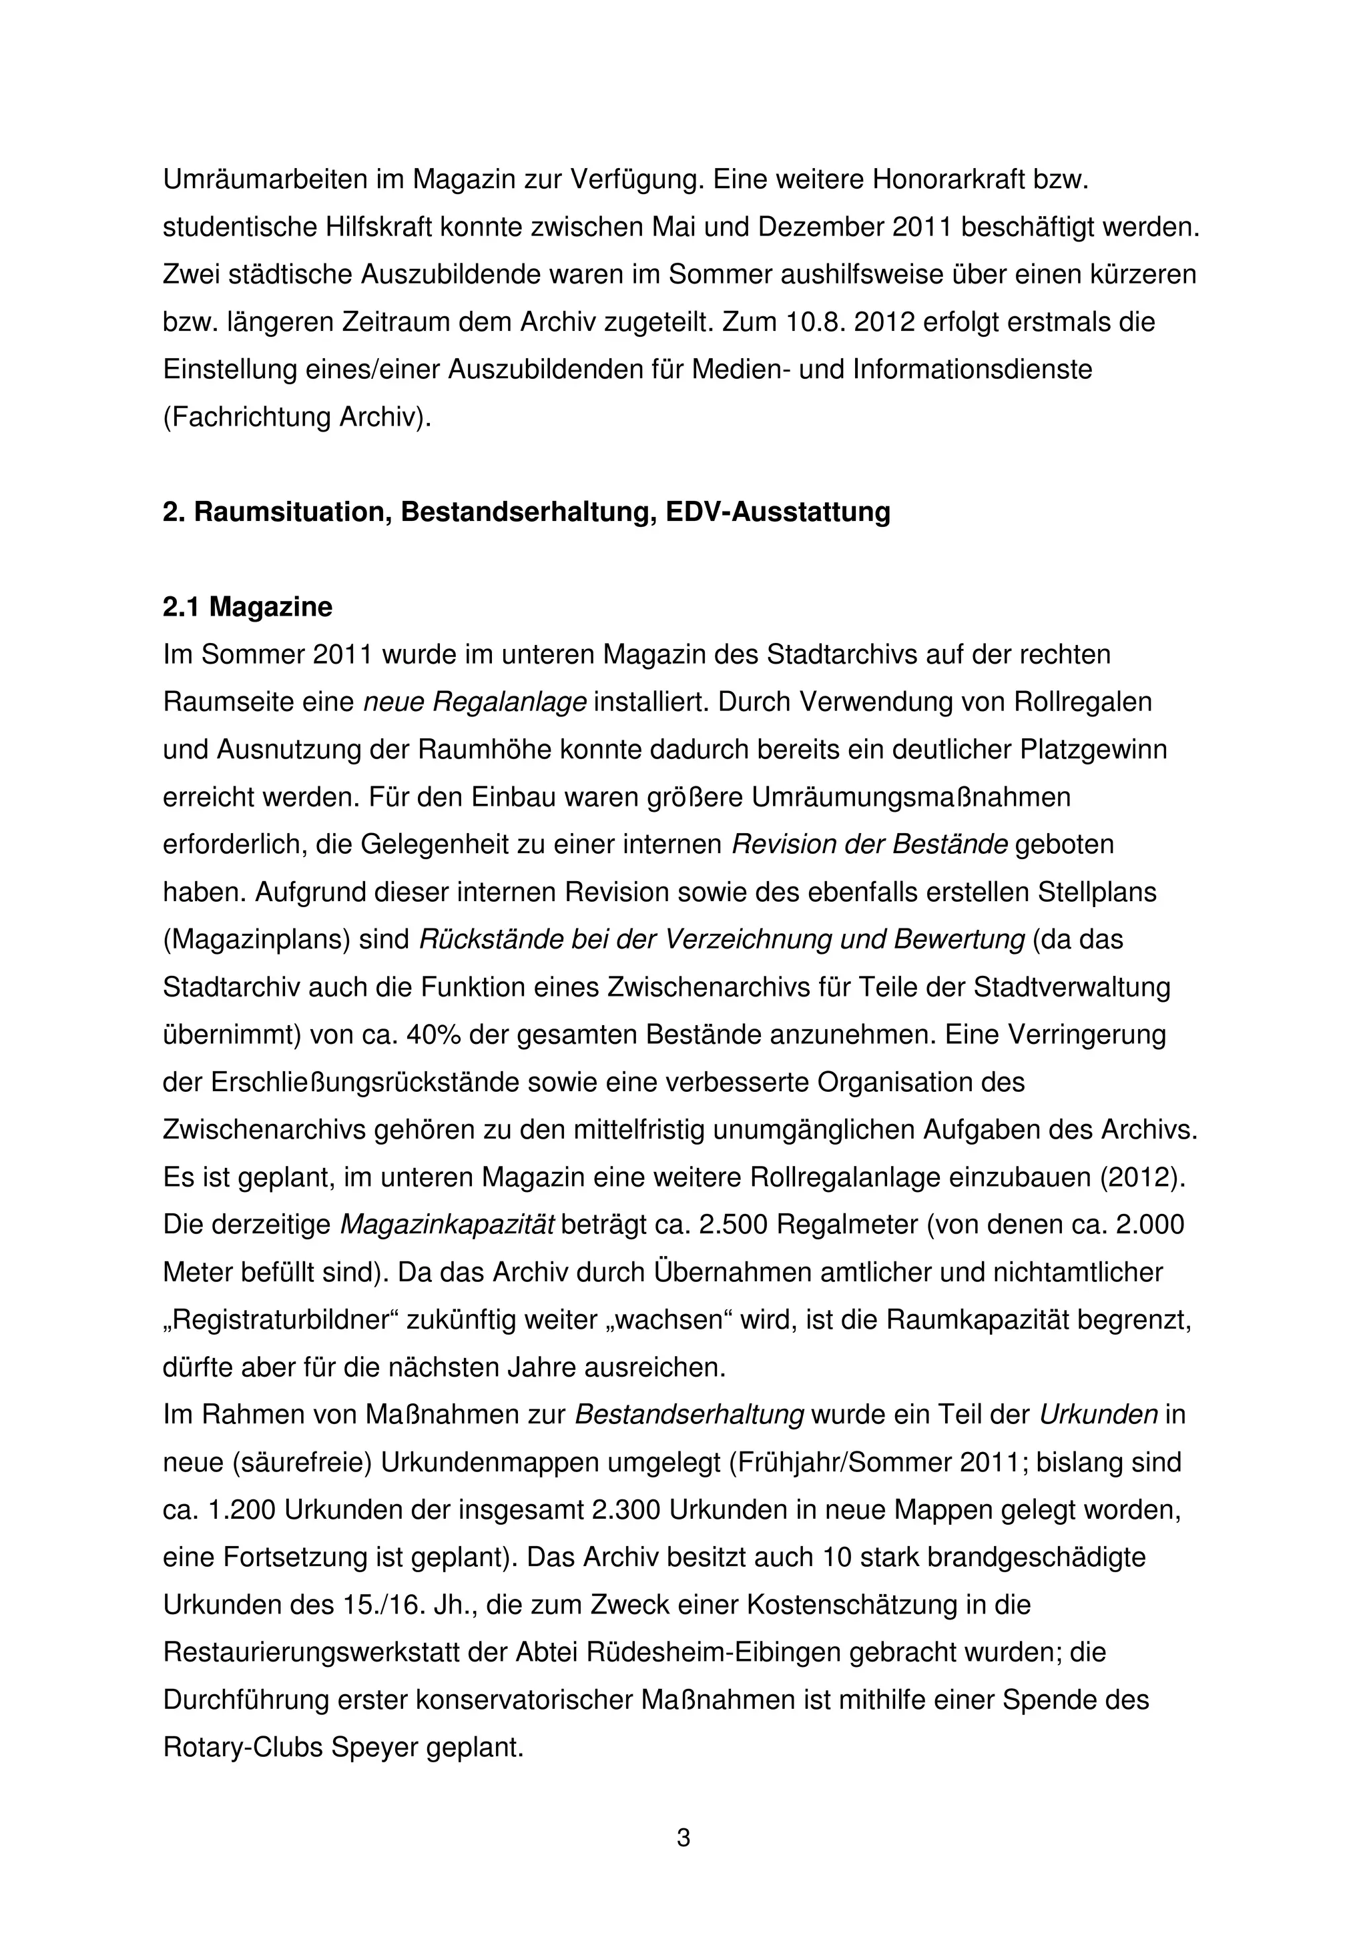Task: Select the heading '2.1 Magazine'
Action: [x=247, y=606]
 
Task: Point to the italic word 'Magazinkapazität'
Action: [x=447, y=1224]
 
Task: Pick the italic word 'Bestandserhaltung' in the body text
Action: [x=688, y=1414]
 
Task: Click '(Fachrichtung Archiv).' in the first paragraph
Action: [x=296, y=418]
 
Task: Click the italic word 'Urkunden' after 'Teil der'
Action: [x=1098, y=1414]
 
